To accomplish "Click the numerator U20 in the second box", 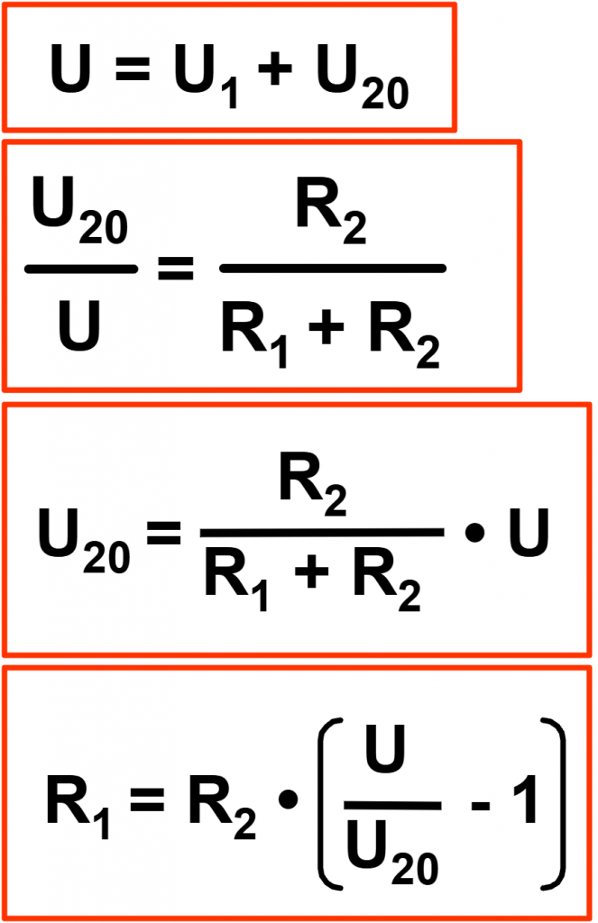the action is pos(79,209).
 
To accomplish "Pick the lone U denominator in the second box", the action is pos(79,324).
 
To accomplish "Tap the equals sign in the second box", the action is pos(176,269).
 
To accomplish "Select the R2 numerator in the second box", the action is pos(331,211).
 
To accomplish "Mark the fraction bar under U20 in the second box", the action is pos(81,269).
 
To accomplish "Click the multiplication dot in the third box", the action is pos(474,533).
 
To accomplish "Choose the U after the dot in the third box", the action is pos(529,532).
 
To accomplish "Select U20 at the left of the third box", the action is pos(84,541).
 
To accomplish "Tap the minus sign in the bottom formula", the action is pos(481,804).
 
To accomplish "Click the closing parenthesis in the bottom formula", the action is pos(554,803).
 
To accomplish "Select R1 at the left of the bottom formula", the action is pos(78,807).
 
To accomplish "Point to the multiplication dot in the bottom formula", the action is pos(288,800).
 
